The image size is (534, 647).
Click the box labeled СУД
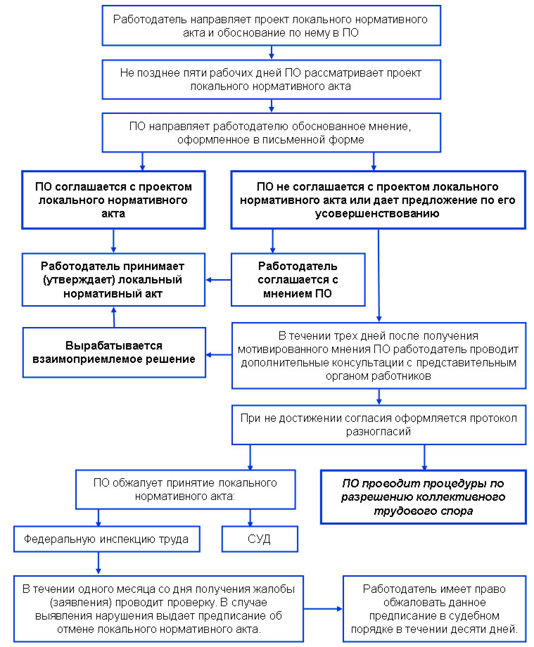[x=260, y=539]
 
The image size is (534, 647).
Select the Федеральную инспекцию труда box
[x=106, y=539]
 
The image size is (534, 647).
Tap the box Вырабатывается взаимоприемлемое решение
[x=114, y=352]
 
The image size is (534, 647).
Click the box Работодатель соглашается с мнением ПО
[x=298, y=280]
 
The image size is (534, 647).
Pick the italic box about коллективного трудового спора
[x=424, y=497]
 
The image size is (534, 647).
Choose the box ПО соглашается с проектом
[x=113, y=200]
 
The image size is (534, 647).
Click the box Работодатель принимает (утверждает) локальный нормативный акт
[x=113, y=280]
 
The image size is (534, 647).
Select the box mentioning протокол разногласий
[x=379, y=425]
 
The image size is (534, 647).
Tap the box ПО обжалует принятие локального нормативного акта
[x=185, y=489]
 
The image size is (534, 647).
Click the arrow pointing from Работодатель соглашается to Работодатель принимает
[x=218, y=280]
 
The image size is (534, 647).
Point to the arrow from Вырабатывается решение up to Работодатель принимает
[x=114, y=317]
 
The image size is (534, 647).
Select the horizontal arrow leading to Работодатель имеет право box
[x=323, y=608]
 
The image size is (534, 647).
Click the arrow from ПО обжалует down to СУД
[x=250, y=518]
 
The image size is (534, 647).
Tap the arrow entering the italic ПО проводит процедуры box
[x=424, y=457]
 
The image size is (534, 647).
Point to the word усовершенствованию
[x=377, y=214]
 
